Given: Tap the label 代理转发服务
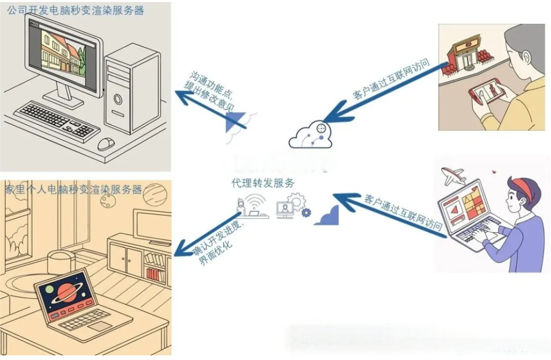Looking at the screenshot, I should pos(263,183).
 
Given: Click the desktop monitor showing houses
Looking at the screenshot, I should pos(62,54).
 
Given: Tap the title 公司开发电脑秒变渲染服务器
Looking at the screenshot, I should pos(75,10).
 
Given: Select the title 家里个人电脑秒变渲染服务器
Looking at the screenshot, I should pos(73,190).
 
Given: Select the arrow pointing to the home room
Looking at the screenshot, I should pos(206,234).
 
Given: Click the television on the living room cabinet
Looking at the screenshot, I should pos(152,225).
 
